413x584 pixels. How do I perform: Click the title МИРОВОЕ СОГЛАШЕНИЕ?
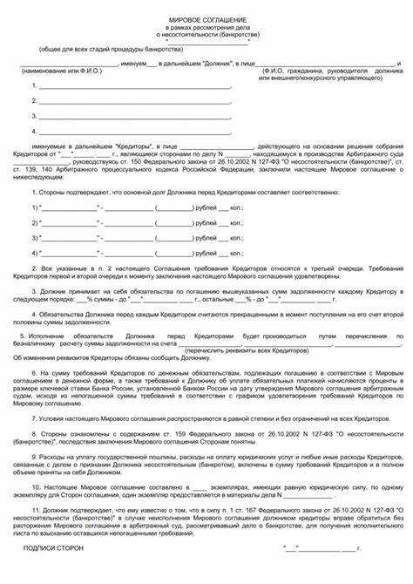click(206, 18)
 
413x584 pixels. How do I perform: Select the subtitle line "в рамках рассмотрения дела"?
click(206, 29)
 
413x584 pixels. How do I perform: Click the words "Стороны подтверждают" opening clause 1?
click(71, 191)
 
